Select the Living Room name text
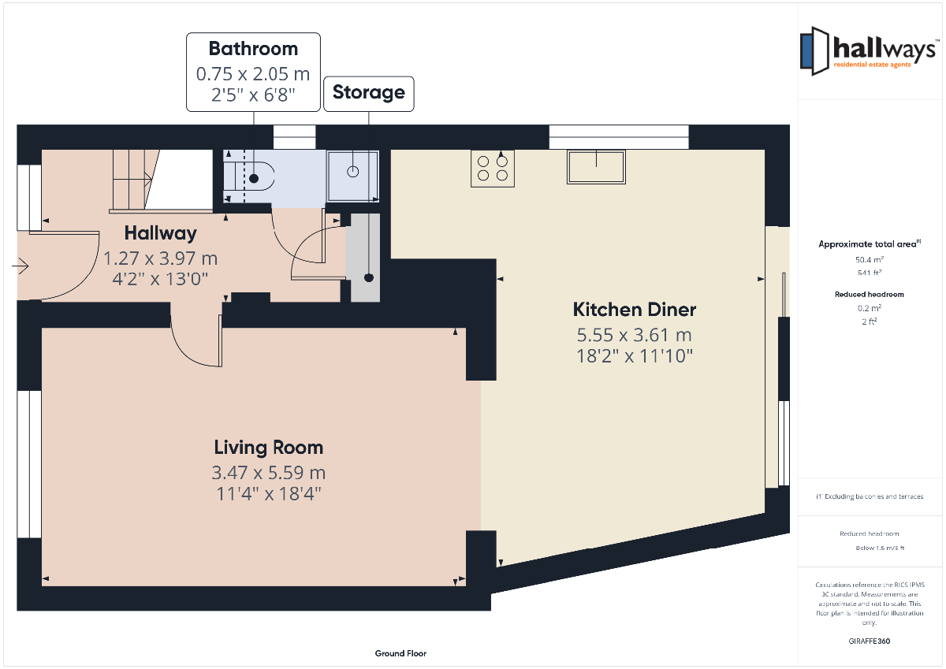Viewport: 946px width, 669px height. point(269,448)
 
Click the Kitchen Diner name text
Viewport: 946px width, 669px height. point(635,310)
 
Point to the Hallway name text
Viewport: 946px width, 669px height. point(161,233)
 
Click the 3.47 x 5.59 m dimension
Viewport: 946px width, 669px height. point(269,473)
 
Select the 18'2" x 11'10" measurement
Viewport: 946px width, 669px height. point(635,356)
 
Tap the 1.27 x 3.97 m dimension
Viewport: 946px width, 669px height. point(161,258)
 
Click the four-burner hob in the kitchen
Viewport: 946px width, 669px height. point(493,169)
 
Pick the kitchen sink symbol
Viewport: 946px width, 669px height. point(596,167)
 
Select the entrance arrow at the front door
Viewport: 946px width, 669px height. point(20,266)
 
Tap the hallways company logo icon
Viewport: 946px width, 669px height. point(814,51)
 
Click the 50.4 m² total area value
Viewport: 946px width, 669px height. point(869,259)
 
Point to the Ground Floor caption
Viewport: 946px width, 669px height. point(400,653)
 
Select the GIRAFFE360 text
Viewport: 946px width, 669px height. point(869,641)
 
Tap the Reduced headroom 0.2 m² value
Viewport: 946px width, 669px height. point(869,308)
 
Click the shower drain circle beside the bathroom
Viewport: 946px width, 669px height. point(352,171)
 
